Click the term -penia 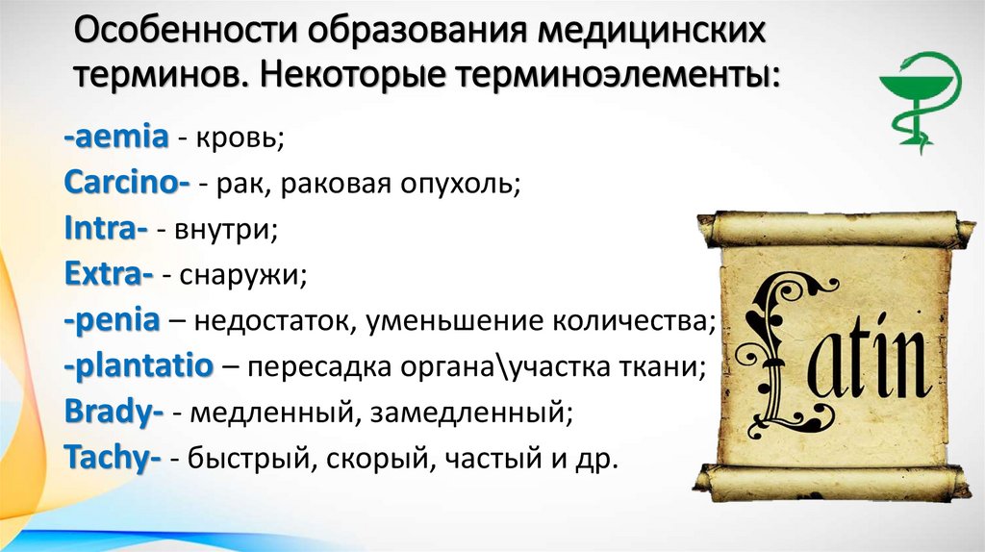[112, 321]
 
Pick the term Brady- [113, 413]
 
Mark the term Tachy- [112, 459]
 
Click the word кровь [240, 140]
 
